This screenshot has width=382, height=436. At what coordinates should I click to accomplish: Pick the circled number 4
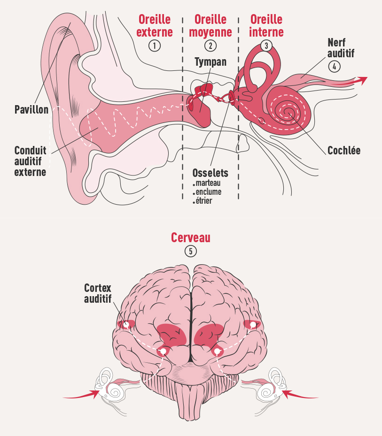[x=334, y=66]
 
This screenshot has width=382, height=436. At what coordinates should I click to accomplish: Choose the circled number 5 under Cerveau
[x=190, y=251]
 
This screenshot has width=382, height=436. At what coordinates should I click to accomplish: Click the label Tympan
[x=210, y=62]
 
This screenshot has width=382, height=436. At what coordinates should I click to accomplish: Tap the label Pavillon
[x=31, y=110]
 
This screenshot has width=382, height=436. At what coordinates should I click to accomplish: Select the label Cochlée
[x=343, y=151]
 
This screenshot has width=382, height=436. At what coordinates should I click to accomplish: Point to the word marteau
[x=208, y=183]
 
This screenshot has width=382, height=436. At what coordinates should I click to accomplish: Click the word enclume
[x=209, y=192]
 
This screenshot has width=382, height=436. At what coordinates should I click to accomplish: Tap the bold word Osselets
[x=210, y=173]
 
